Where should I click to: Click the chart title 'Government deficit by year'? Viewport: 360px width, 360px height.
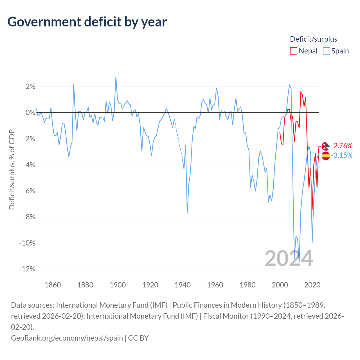[x=87, y=22]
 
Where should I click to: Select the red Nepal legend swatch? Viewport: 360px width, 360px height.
[x=293, y=51]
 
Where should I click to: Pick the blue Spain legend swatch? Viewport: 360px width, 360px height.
[x=326, y=51]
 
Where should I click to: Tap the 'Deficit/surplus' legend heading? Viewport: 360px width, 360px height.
[x=313, y=39]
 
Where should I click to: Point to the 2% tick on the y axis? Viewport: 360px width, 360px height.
[x=30, y=87]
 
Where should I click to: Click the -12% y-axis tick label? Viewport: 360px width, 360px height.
[x=27, y=269]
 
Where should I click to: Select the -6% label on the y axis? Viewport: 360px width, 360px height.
[x=29, y=191]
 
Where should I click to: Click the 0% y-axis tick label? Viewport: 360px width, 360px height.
[x=30, y=112]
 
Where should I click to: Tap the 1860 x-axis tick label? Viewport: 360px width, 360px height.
[x=53, y=285]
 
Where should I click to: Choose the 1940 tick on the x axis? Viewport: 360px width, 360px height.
[x=183, y=285]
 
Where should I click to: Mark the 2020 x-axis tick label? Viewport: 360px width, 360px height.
[x=312, y=285]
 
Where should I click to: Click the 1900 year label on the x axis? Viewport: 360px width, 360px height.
[x=118, y=285]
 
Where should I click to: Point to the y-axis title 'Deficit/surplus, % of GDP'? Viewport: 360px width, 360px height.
[x=12, y=170]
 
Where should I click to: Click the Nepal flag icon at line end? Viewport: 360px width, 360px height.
[x=325, y=146]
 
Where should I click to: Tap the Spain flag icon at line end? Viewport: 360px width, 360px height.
[x=325, y=156]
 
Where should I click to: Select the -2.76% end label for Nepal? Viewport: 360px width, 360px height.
[x=341, y=146]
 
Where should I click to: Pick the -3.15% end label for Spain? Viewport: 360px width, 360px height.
[x=341, y=156]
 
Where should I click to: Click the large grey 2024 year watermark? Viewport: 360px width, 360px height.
[x=289, y=258]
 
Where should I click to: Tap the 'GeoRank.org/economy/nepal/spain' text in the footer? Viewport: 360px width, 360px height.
[x=67, y=338]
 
